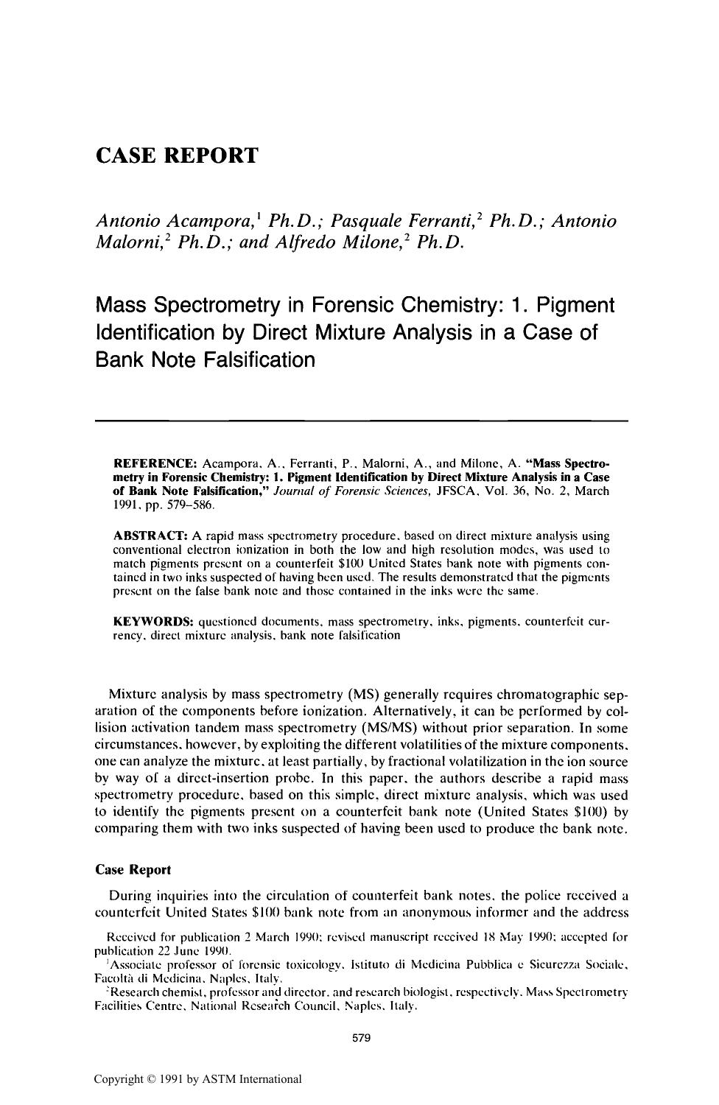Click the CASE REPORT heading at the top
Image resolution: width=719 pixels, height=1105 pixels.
click(178, 156)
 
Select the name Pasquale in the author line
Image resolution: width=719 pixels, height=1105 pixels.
click(368, 221)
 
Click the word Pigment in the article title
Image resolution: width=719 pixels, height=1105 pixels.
click(574, 305)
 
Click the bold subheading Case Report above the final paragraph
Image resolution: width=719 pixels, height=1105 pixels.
click(133, 869)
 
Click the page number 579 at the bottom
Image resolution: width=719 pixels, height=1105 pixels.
click(361, 1039)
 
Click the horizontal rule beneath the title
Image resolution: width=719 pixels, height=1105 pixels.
click(361, 421)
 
